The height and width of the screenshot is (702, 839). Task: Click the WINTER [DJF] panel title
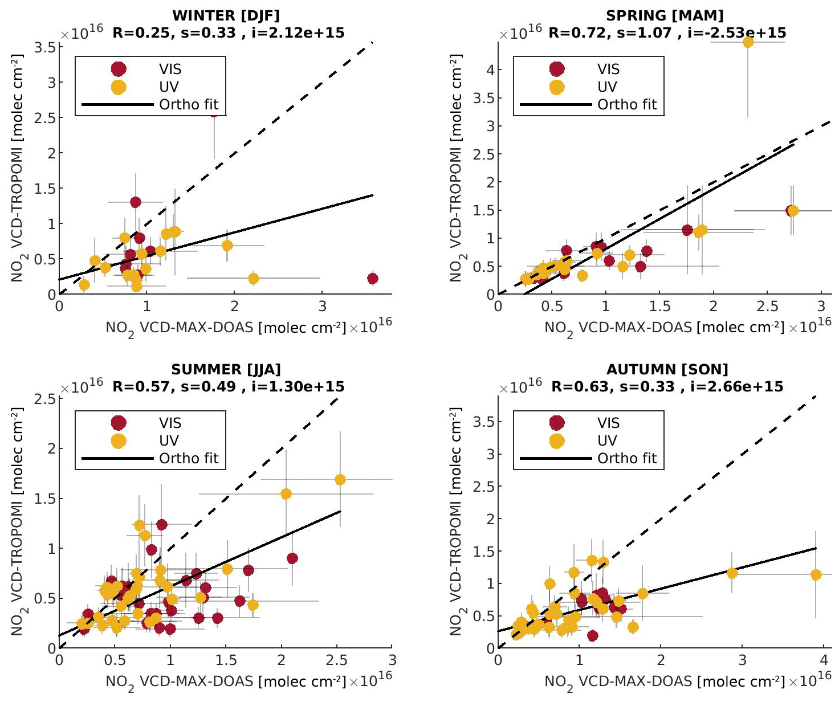click(x=226, y=15)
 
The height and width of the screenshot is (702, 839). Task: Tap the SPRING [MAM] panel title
click(x=665, y=15)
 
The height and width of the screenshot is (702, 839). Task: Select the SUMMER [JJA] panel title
click(x=226, y=369)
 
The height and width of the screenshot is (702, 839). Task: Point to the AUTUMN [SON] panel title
click(x=667, y=369)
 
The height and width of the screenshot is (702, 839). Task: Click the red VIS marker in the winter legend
click(x=118, y=69)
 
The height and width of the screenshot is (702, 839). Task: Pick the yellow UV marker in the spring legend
click(x=557, y=87)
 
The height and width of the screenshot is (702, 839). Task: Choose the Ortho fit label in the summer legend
click(x=189, y=458)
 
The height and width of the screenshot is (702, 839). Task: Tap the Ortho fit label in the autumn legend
click(x=627, y=458)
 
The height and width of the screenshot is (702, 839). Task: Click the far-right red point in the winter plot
click(x=373, y=279)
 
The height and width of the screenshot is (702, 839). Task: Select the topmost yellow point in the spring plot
click(x=748, y=42)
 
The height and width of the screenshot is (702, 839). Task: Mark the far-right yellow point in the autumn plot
click(x=816, y=575)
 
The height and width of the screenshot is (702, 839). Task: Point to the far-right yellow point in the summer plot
click(x=340, y=480)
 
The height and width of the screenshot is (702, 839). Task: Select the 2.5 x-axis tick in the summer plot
click(x=336, y=660)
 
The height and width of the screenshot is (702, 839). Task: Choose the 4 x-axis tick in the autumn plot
click(x=824, y=660)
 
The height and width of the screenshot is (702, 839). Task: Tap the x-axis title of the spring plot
click(x=665, y=328)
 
